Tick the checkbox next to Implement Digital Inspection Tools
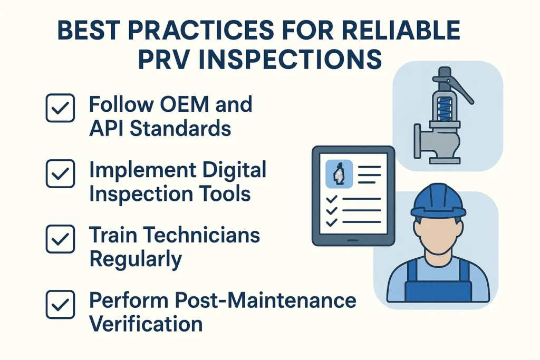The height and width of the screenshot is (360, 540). coord(60,173)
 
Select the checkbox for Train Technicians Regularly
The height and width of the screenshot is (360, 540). coord(60,239)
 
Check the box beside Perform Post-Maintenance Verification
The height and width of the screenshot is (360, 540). coord(60,304)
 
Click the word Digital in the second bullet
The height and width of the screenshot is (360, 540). coord(230,170)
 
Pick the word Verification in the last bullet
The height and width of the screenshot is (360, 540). coord(146,323)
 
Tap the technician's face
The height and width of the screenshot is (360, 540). coord(439,232)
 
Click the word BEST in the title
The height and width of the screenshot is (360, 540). coord(88,31)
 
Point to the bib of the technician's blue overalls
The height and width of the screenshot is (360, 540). coord(439,288)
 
